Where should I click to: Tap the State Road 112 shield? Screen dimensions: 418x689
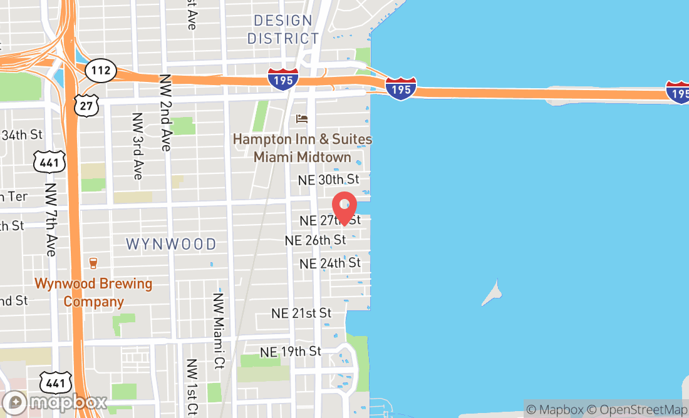100,70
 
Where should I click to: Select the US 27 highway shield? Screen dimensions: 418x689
86,105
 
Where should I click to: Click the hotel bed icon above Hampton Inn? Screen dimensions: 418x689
303,118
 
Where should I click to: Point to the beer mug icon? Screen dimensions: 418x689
93,263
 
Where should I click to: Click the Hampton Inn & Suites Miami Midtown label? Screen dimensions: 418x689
303,148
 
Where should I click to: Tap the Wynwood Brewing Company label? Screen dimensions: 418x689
93,292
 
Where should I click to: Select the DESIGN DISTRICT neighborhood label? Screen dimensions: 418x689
283,29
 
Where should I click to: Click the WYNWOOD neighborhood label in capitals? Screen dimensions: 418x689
171,244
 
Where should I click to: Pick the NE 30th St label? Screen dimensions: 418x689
328,180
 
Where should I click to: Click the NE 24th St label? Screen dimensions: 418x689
330,263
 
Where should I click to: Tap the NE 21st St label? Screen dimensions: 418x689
301,313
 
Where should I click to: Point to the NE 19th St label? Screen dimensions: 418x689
291,352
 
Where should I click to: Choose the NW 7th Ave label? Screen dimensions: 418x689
51,219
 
